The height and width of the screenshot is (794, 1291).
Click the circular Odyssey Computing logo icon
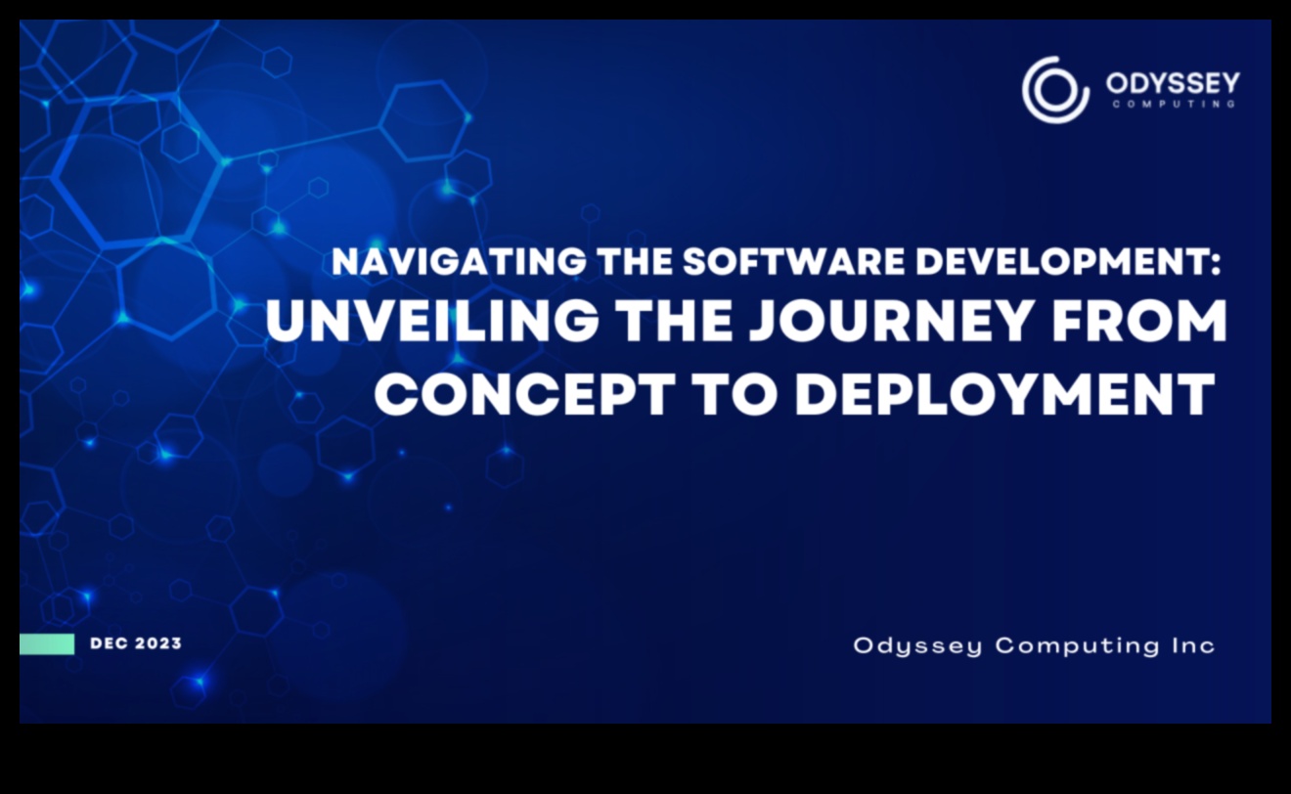pos(1055,90)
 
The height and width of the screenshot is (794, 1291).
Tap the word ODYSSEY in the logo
pos(1173,83)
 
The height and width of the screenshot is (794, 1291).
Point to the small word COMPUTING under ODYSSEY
pos(1173,104)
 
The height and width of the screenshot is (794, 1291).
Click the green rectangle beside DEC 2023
pos(47,643)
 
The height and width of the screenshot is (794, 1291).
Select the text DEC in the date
pos(108,643)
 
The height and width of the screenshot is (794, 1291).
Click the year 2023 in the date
pos(157,643)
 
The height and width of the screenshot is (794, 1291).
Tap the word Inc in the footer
pos(1192,645)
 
